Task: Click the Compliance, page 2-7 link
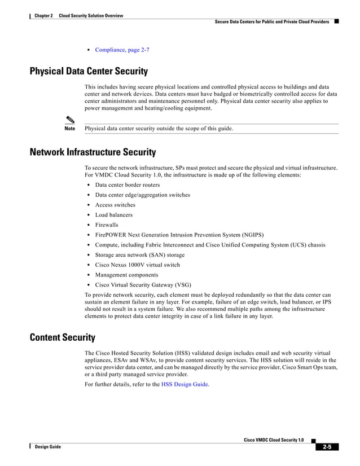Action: click(122, 50)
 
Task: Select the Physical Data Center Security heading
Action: click(89, 72)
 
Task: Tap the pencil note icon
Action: click(70, 119)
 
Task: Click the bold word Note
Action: click(70, 129)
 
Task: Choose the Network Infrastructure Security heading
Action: click(93, 152)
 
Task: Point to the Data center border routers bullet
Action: click(127, 185)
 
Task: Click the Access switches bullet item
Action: click(115, 205)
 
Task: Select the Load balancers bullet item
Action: click(114, 215)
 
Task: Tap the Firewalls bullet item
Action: click(107, 225)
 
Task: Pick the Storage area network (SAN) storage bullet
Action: click(139, 255)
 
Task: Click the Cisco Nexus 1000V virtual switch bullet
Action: click(137, 265)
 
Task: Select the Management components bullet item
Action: click(126, 275)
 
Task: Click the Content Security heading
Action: click(62, 338)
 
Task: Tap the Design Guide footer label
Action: click(47, 447)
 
